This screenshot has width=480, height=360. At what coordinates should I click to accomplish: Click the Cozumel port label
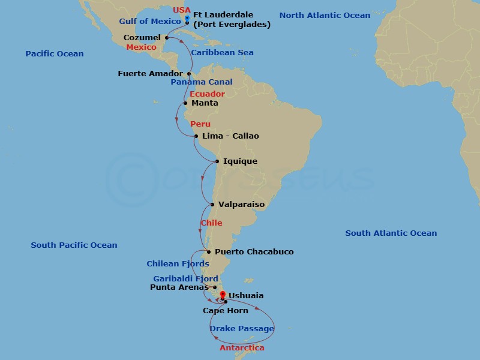pyautogui.click(x=142, y=38)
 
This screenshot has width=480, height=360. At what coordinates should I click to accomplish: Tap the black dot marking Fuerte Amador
pyautogui.click(x=188, y=74)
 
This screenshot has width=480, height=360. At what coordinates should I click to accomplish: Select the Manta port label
pyautogui.click(x=205, y=103)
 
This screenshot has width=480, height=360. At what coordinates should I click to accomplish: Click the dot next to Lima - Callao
pyautogui.click(x=196, y=136)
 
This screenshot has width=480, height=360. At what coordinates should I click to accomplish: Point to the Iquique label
pyautogui.click(x=240, y=161)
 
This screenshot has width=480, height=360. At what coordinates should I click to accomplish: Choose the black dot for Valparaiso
pyautogui.click(x=212, y=205)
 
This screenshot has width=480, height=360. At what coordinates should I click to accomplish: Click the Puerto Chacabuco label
pyautogui.click(x=254, y=252)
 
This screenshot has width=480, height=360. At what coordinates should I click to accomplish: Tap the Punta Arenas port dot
pyautogui.click(x=214, y=287)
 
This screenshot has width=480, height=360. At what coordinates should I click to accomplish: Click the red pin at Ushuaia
pyautogui.click(x=223, y=295)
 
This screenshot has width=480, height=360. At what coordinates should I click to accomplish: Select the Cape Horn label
pyautogui.click(x=225, y=311)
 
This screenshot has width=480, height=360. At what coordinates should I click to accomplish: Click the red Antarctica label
pyautogui.click(x=242, y=348)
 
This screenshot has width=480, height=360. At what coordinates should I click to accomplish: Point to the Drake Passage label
pyautogui.click(x=242, y=329)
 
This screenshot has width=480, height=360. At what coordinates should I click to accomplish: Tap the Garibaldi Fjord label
pyautogui.click(x=185, y=279)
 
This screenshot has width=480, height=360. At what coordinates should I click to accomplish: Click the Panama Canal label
pyautogui.click(x=202, y=82)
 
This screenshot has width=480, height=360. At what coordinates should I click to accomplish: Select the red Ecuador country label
pyautogui.click(x=207, y=94)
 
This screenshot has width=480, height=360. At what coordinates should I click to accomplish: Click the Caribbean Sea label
pyautogui.click(x=222, y=53)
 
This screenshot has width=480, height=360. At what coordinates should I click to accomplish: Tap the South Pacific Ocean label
pyautogui.click(x=74, y=245)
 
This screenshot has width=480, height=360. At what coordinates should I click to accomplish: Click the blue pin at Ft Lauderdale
pyautogui.click(x=187, y=19)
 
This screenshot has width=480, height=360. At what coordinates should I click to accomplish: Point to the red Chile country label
pyautogui.click(x=211, y=223)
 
